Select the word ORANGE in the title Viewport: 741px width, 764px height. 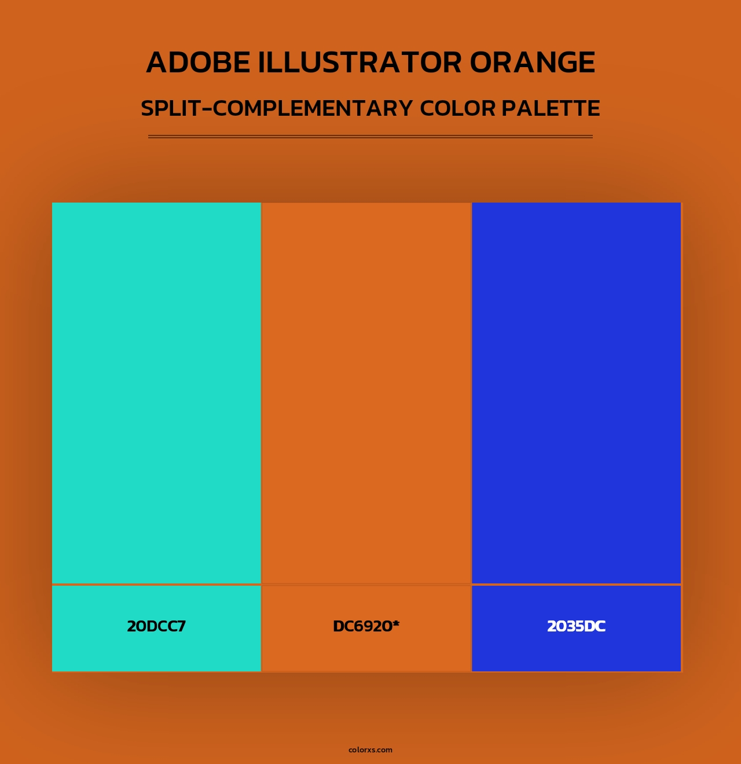coord(532,63)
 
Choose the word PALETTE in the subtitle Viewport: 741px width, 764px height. coord(551,108)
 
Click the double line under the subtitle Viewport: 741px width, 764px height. coord(370,137)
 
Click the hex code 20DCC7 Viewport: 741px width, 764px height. coord(156,626)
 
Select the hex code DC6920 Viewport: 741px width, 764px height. coord(362,626)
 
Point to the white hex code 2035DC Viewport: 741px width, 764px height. coord(577,626)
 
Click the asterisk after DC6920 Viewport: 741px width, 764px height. coord(396,624)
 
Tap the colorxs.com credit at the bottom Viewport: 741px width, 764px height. coord(370,750)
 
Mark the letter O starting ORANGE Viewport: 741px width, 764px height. coord(483,63)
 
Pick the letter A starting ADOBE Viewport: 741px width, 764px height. coord(156,63)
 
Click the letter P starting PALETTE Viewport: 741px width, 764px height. coord(508,108)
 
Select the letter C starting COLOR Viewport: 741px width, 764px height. coord(428,108)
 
